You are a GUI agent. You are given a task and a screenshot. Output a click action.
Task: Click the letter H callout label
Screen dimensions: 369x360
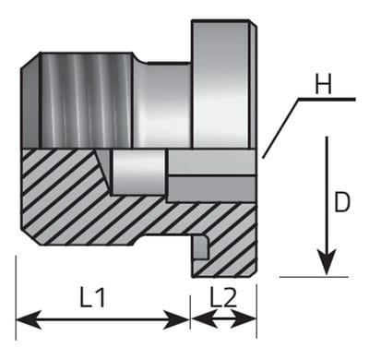pyautogui.click(x=324, y=84)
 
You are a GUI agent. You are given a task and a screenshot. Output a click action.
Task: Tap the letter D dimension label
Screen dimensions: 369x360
pyautogui.click(x=342, y=202)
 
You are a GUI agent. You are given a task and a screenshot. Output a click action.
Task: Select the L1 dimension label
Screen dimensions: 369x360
pyautogui.click(x=92, y=297)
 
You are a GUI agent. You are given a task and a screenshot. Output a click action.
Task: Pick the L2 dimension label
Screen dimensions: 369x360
pyautogui.click(x=223, y=297)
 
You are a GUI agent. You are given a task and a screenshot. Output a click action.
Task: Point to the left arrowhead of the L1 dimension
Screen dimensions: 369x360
pyautogui.click(x=29, y=320)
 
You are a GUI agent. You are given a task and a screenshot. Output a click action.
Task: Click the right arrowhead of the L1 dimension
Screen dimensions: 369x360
pyautogui.click(x=176, y=320)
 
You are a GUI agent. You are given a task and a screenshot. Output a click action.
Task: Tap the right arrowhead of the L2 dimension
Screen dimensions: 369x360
pyautogui.click(x=244, y=320)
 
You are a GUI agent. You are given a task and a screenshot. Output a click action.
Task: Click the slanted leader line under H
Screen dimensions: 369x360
pyautogui.click(x=280, y=128)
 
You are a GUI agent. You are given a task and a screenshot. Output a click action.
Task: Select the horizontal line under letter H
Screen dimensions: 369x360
pyautogui.click(x=327, y=100)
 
